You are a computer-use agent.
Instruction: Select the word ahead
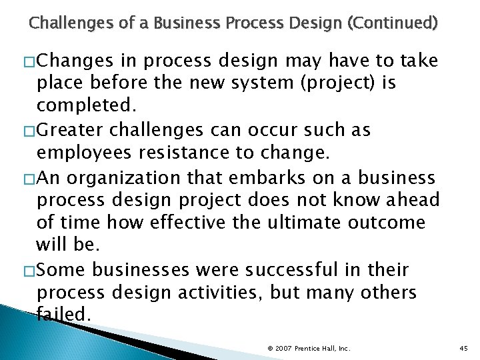[x=407, y=200]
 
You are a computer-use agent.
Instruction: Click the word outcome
[x=389, y=222]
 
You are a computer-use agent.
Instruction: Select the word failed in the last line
[x=63, y=314]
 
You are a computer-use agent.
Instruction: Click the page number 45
[x=465, y=349]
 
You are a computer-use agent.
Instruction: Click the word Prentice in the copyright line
[x=308, y=349]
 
